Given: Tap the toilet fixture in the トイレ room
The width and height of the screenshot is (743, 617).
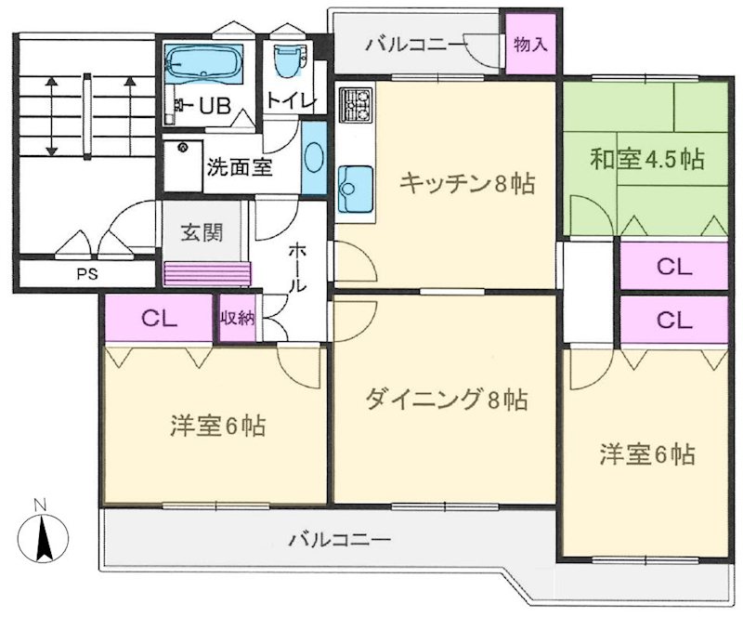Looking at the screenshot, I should coord(285,61).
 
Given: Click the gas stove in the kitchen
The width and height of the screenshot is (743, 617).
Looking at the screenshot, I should coord(354,108).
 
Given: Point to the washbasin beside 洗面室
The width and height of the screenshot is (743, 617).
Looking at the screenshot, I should coord(314,159).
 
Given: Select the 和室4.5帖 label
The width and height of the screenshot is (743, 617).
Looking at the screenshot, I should coord(647,159).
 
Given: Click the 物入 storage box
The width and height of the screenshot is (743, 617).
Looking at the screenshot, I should coord(530,43).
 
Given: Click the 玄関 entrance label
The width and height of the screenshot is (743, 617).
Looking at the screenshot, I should coord(202,232).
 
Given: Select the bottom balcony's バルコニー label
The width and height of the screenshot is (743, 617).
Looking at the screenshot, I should coord(339,538).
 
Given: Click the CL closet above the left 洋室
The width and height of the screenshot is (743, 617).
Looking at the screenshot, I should coord(159,318).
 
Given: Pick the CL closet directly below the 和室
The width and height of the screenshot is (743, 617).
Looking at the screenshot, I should coord(674,267).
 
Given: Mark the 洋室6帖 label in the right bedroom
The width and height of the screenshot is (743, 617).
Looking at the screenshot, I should coord(647,455).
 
